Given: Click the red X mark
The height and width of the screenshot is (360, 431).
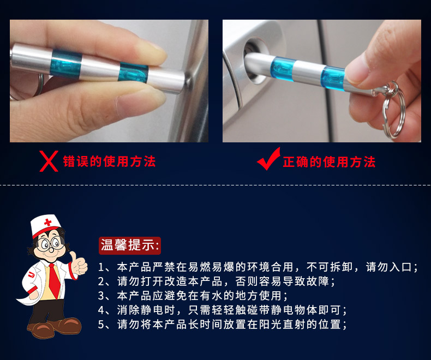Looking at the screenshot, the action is [49, 161].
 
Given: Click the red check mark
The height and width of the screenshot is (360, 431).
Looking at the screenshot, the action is [268, 159].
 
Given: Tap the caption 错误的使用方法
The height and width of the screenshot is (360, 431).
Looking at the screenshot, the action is [110, 161].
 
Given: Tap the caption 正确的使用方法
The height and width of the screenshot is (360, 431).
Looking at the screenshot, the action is [329, 162].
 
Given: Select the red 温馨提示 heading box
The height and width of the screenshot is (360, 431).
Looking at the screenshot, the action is [130, 245].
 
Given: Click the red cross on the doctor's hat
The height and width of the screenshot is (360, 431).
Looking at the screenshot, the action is [48, 223].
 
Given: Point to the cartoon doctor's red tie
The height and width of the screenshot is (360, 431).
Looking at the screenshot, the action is [55, 281].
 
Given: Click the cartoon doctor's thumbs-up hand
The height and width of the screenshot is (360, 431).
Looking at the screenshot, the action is [78, 263].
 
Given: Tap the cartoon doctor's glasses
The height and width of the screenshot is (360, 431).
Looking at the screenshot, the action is [50, 244].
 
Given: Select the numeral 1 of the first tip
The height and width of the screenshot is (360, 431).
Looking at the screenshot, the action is [101, 267].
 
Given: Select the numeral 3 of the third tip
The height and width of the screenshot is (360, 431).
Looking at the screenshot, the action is [101, 296].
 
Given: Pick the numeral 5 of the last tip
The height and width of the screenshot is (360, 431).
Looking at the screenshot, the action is [101, 325].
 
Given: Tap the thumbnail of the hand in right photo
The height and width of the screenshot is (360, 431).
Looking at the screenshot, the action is [357, 71].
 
